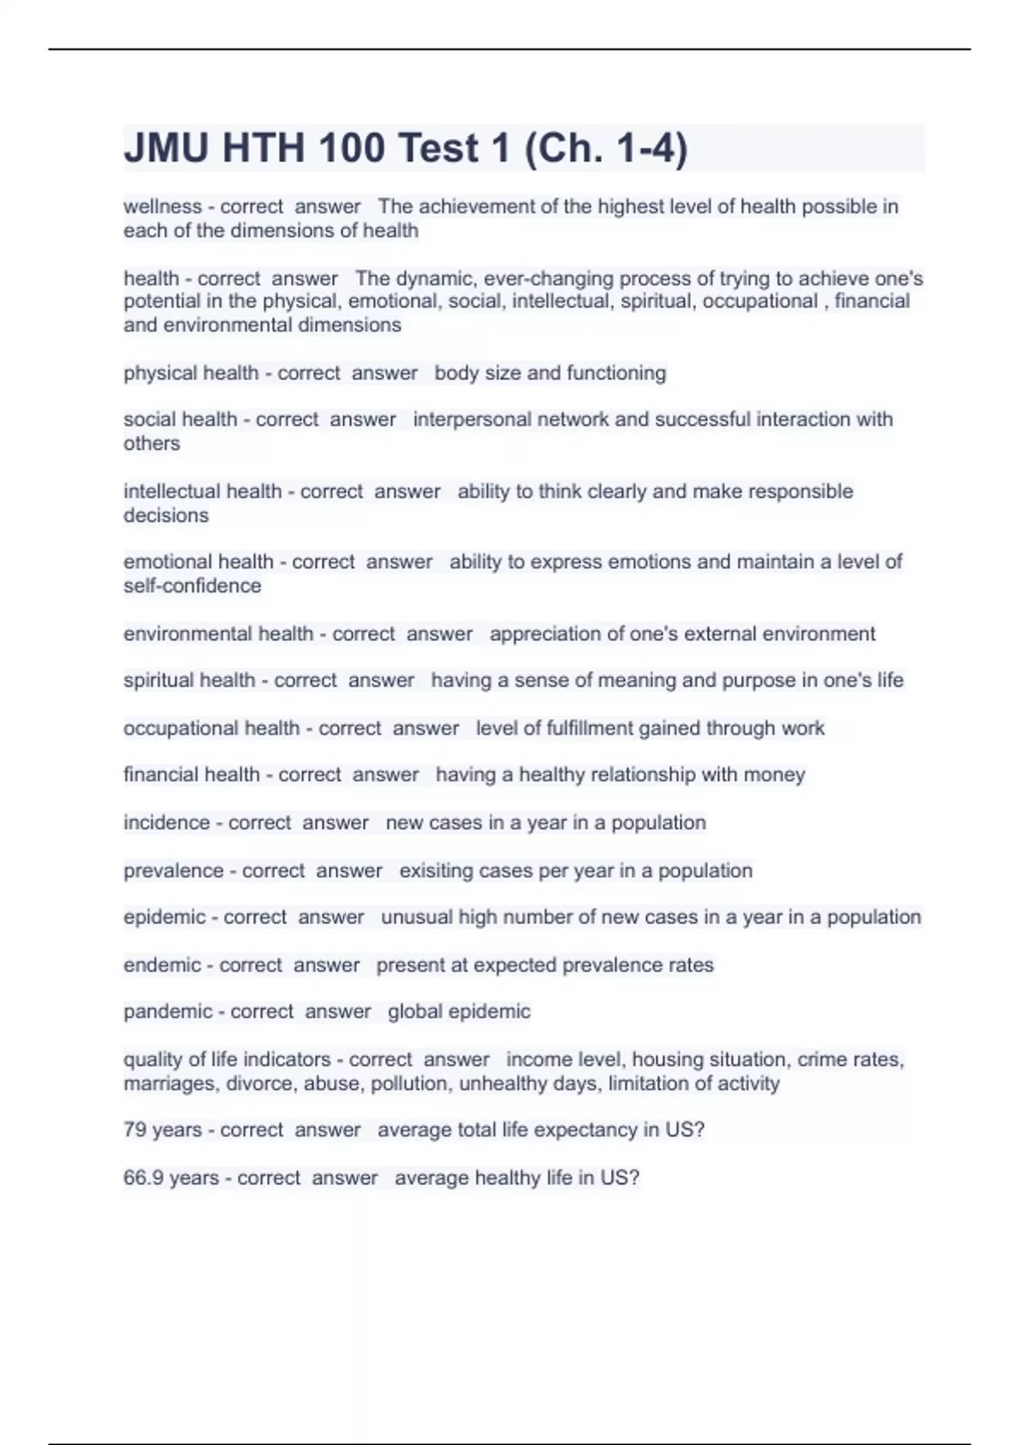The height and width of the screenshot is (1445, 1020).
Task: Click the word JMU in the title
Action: coord(167,149)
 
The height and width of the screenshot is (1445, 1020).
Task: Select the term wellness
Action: coord(162,207)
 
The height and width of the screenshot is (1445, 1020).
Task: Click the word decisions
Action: coord(166,516)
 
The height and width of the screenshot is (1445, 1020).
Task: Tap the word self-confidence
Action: coord(192,586)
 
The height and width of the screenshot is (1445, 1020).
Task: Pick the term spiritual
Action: coord(159,681)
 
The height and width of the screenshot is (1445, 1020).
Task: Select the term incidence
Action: coord(166,823)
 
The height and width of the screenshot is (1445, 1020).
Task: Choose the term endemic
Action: coord(161,966)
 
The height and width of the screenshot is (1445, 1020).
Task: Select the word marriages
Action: coord(166,1084)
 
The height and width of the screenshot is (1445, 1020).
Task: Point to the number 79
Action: coord(134,1130)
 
